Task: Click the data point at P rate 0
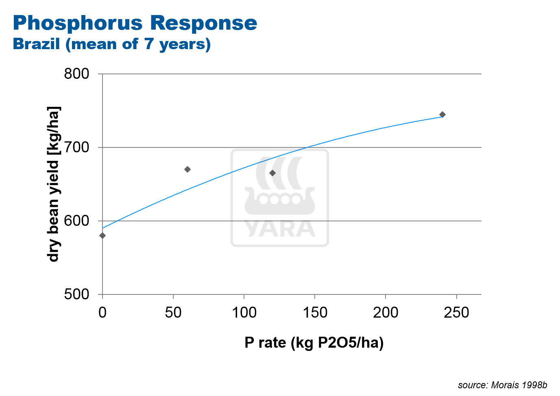[102, 236]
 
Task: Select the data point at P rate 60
[187, 169]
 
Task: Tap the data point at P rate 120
[272, 173]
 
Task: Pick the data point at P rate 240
[442, 115]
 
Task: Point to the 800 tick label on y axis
[76, 74]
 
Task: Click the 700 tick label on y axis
[76, 147]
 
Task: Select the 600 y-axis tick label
[76, 221]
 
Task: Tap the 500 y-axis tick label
[76, 294]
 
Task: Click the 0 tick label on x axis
[102, 312]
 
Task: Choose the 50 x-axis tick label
[173, 312]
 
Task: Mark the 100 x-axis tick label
[244, 312]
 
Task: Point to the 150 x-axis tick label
[315, 312]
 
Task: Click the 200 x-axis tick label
[386, 312]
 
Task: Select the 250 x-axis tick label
[456, 312]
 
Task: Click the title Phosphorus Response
[135, 23]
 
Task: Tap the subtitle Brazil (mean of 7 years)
[112, 44]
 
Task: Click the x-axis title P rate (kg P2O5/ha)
[314, 343]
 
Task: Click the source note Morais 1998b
[502, 385]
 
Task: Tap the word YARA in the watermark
[280, 229]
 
